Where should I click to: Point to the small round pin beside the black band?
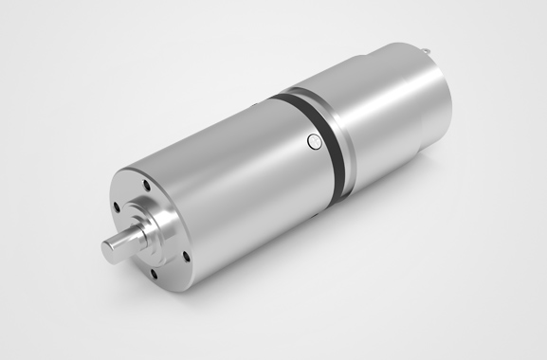pos(314,142)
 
